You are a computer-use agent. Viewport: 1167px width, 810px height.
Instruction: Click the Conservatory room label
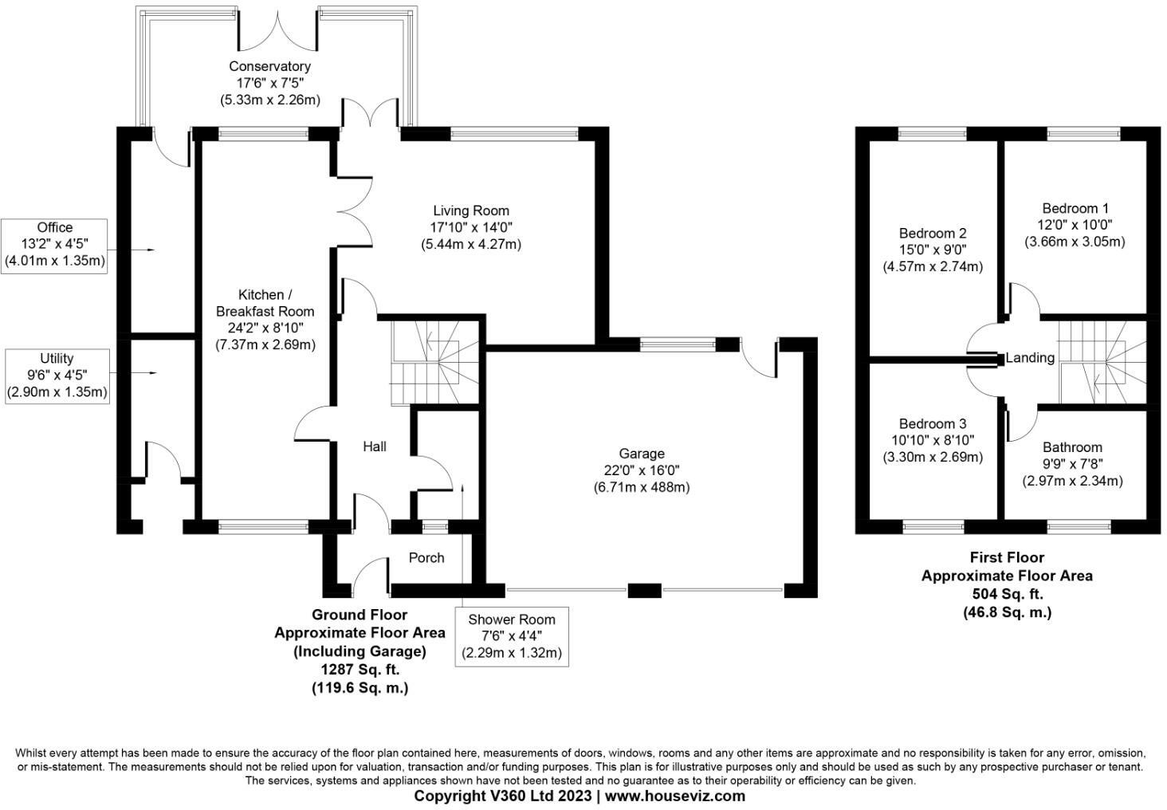(x=269, y=66)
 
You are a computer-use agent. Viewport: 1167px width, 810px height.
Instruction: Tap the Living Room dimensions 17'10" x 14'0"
(x=470, y=227)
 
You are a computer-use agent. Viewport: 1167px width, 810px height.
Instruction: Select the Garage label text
(x=642, y=454)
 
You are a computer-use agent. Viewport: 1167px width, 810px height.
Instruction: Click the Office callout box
(x=55, y=245)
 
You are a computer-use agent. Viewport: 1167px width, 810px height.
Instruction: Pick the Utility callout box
(x=57, y=376)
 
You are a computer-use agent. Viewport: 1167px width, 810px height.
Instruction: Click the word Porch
(x=426, y=557)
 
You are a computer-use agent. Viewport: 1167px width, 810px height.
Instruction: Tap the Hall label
(x=375, y=446)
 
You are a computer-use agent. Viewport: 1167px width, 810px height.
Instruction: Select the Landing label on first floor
(x=1030, y=358)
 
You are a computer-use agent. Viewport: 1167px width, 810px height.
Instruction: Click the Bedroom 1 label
(x=1075, y=209)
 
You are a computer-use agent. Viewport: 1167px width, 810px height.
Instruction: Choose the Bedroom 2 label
(x=933, y=233)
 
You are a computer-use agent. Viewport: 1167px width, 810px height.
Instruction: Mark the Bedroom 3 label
(x=933, y=423)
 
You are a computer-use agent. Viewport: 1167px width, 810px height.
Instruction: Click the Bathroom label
(x=1072, y=447)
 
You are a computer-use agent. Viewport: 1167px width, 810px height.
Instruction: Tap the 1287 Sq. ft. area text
(x=360, y=670)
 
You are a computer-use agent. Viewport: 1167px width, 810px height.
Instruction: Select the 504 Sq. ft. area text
(x=1007, y=594)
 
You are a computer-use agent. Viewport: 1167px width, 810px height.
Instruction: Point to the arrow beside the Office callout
(x=143, y=250)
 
